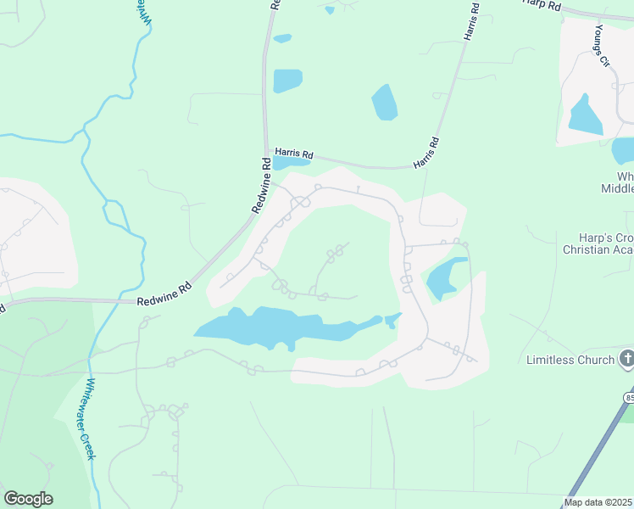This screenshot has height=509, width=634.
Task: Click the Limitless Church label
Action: (x=570, y=360)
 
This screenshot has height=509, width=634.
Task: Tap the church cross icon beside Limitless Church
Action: (x=626, y=359)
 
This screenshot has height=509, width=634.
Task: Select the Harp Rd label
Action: (x=543, y=5)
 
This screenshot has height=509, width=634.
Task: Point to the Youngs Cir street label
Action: (x=602, y=46)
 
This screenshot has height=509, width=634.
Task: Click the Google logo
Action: (x=28, y=499)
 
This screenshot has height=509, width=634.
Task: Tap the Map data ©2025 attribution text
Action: (x=598, y=502)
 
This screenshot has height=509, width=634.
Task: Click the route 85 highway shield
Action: (x=629, y=397)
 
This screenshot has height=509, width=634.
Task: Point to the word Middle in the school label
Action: (x=617, y=188)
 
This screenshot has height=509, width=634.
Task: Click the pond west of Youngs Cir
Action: (x=583, y=115)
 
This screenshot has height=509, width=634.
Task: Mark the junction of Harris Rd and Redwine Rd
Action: (x=267, y=150)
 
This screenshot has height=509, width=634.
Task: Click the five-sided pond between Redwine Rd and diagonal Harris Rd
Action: (x=385, y=102)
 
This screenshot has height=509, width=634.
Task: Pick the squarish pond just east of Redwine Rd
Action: (x=287, y=81)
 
